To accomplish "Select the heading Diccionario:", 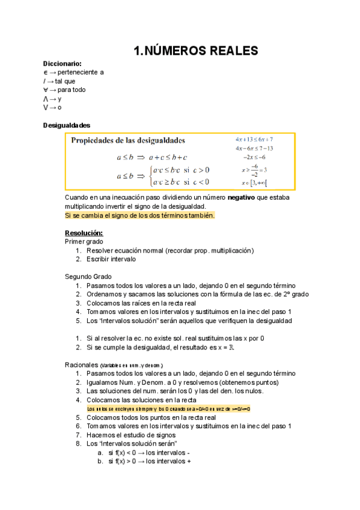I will click(63, 64).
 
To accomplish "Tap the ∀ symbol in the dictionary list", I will click(46, 90).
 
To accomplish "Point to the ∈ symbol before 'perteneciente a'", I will click(46, 72).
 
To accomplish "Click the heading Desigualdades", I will click(67, 125).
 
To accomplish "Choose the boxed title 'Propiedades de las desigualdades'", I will click(129, 141).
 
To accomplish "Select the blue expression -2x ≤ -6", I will click(254, 157).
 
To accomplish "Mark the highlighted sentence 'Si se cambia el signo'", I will click(139, 215).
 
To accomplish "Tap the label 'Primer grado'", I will click(83, 241).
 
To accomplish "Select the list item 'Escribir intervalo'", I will click(111, 259).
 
